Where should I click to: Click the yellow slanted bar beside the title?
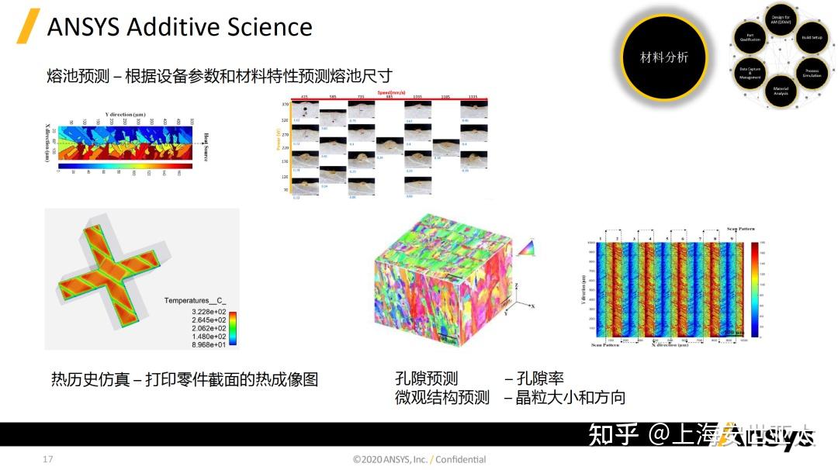point(29,27)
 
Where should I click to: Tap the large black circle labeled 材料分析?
point(663,57)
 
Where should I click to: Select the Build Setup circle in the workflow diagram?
point(812,37)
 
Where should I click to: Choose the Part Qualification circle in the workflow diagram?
point(750,37)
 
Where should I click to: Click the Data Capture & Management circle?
point(750,73)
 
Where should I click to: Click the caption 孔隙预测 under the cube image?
point(426,379)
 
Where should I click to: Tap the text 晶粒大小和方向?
point(570,398)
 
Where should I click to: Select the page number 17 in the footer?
point(48,460)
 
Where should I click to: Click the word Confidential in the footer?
point(461,460)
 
